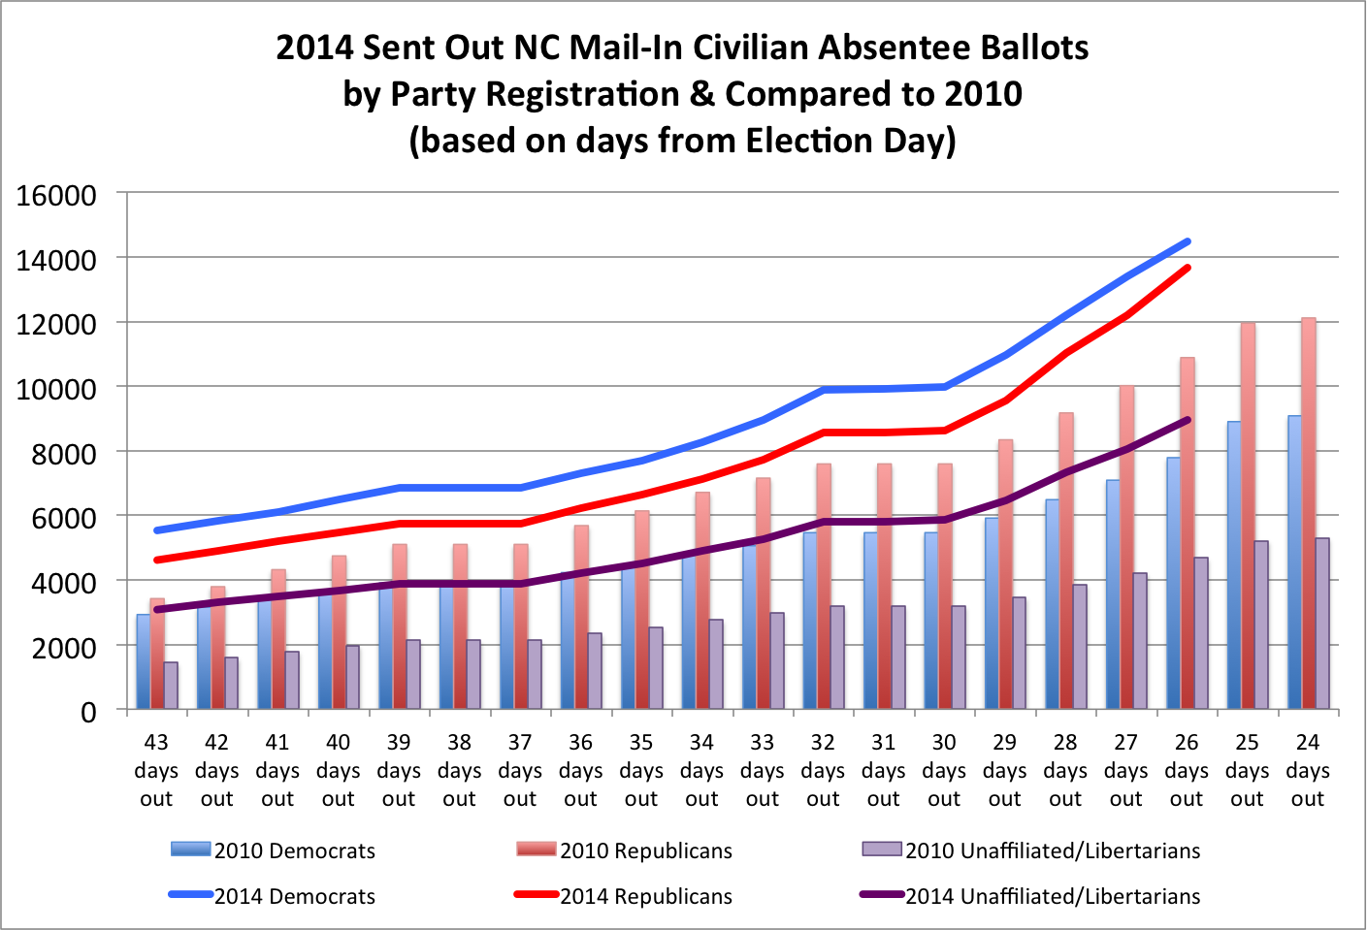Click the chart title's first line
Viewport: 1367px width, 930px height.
(682, 48)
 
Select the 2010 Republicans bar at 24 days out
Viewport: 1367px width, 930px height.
(1308, 514)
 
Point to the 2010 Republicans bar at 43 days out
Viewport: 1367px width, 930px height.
(157, 655)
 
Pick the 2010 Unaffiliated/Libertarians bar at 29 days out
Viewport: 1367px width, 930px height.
(1019, 654)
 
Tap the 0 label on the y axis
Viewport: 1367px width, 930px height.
(88, 712)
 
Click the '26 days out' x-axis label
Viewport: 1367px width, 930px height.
(1187, 770)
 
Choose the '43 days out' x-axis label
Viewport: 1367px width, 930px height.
(156, 770)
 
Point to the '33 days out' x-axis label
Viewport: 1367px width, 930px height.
(763, 770)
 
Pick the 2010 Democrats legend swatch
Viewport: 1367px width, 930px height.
(190, 850)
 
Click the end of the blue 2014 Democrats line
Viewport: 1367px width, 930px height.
(1188, 241)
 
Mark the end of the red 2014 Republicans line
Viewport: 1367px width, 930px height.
(1188, 268)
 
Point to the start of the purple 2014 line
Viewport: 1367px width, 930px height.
(156, 609)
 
